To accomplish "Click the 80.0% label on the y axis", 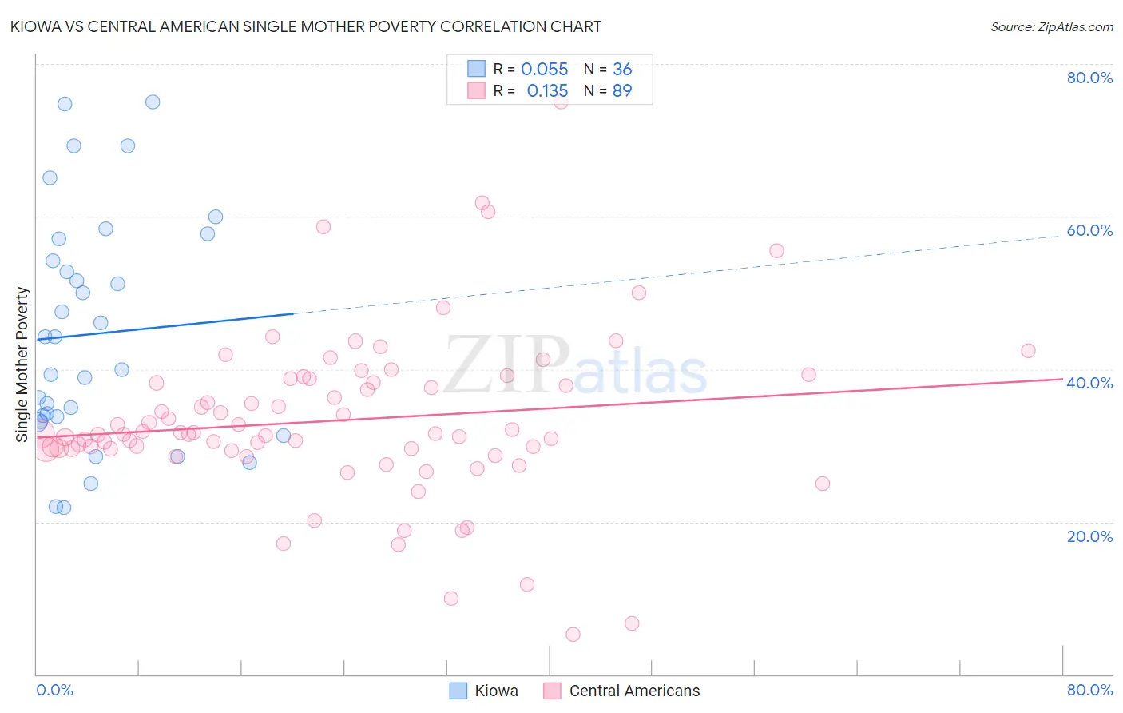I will [x=1089, y=78].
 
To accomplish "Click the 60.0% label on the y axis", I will [x=1089, y=230].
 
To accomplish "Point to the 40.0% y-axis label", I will [x=1089, y=383].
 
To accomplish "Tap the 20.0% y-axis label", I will [x=1089, y=536].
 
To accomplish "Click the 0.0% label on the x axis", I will [x=54, y=690].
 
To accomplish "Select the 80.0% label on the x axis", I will [x=1089, y=690].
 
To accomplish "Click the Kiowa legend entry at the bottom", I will [x=496, y=691].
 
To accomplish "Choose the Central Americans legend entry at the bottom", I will [x=634, y=691].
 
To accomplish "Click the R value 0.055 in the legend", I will [x=544, y=70].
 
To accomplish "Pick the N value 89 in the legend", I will [x=622, y=91].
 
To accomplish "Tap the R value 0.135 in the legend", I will [x=547, y=91].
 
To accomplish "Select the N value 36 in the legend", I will [x=622, y=70].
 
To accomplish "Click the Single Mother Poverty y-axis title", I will [x=22, y=364].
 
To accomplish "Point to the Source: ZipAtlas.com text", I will [x=1051, y=27].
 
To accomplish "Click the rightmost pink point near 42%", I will [x=1028, y=351].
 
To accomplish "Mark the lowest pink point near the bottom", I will [x=573, y=635].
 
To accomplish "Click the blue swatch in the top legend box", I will [x=476, y=69].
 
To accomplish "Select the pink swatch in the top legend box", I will [x=476, y=90].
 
